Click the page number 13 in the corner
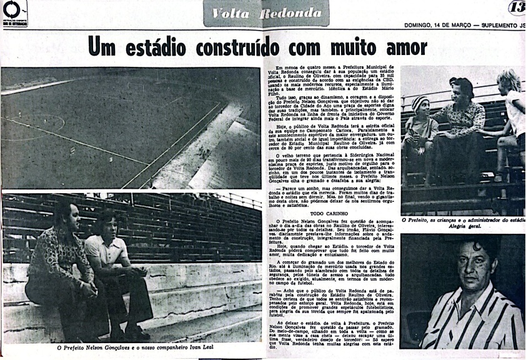pos(517,8)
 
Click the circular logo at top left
pos(11,9)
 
